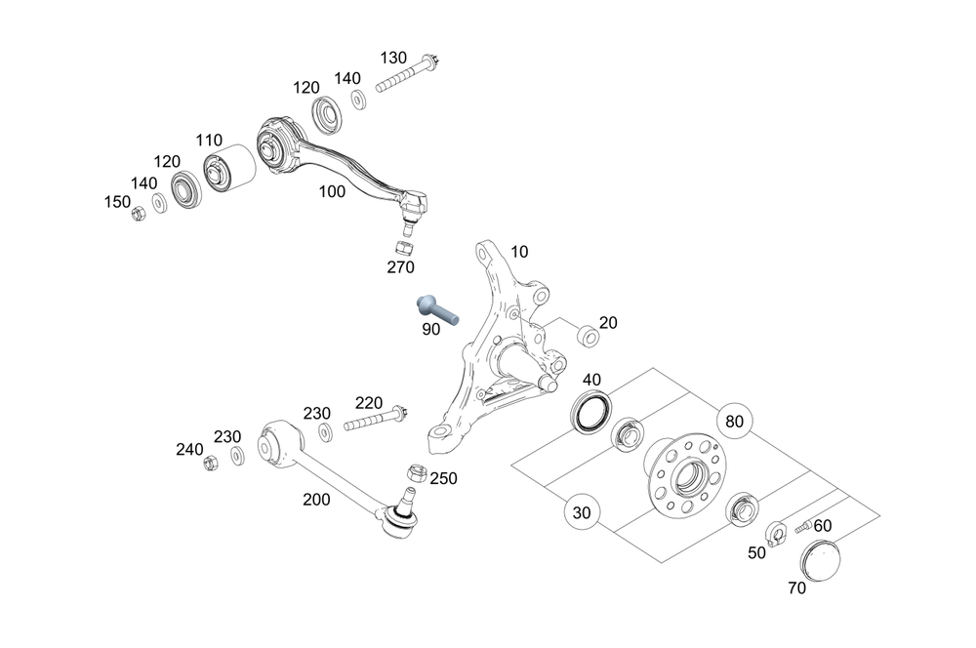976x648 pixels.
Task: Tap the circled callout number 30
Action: click(x=582, y=511)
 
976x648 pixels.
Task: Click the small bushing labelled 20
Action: click(x=589, y=337)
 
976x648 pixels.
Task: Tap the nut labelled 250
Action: click(x=414, y=472)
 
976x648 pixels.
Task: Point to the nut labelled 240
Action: click(x=210, y=463)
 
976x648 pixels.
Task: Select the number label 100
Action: click(x=332, y=192)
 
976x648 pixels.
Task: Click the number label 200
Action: click(x=316, y=500)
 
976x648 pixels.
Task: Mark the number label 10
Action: click(x=519, y=252)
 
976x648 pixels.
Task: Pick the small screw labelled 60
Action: click(x=801, y=527)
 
